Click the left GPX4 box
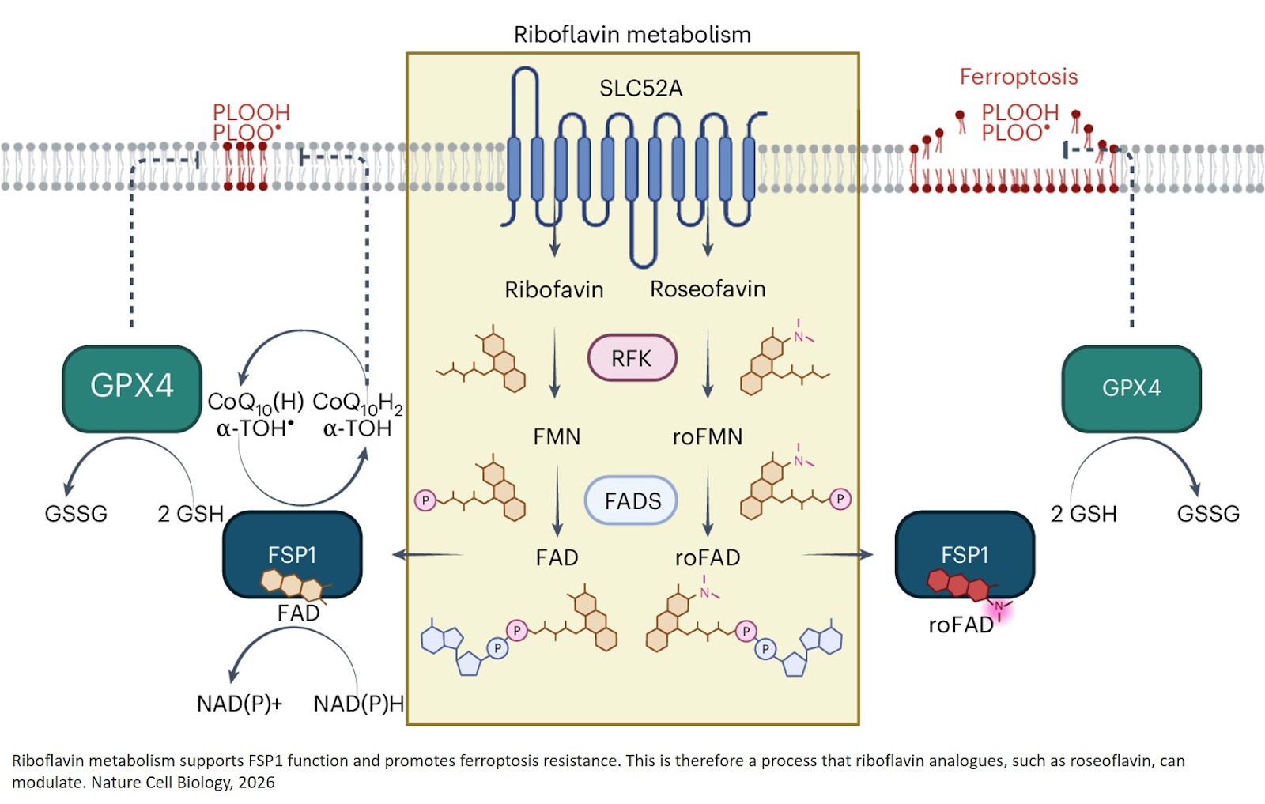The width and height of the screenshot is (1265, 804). tap(132, 387)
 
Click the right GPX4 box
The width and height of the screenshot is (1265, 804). tap(1131, 388)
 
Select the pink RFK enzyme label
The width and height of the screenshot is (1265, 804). tap(632, 358)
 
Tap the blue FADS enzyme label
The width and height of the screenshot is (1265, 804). tap(632, 501)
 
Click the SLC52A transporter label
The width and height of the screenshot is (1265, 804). tap(640, 88)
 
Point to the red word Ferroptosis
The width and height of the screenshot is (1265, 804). tap(1018, 77)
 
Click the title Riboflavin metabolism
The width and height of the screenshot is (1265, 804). tap(632, 35)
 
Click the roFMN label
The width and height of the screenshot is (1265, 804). tap(707, 437)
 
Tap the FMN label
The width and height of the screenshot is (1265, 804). tap(557, 437)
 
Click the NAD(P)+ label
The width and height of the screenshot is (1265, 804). tap(239, 704)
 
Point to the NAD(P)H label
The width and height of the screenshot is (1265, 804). tap(358, 704)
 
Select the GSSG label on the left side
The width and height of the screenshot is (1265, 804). tap(76, 514)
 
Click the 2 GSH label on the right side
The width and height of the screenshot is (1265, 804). tap(1083, 514)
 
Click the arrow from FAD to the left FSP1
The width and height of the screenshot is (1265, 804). tap(427, 555)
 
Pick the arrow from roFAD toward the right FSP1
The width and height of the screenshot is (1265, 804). tap(838, 555)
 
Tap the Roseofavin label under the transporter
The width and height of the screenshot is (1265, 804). tap(708, 289)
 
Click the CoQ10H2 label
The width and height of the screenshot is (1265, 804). tap(357, 403)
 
